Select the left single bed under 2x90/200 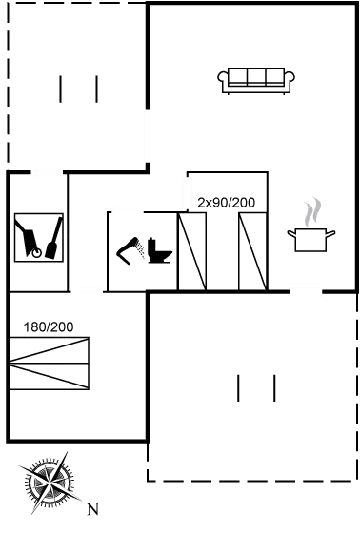[x=192, y=251]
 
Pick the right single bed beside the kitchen [x=252, y=251]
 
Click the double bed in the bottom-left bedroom [x=50, y=363]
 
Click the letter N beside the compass [x=92, y=508]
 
